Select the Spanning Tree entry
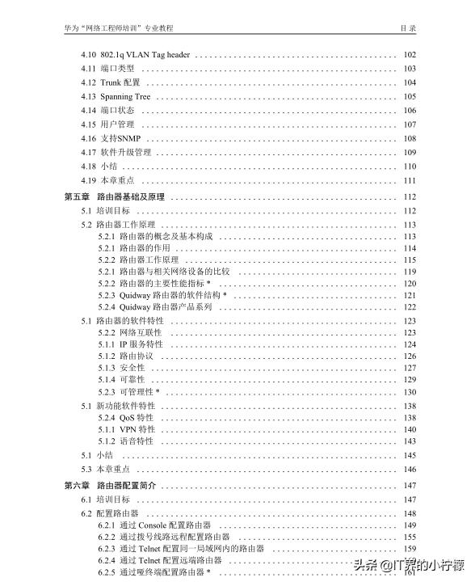pyautogui.click(x=125, y=97)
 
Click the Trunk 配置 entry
pyautogui.click(x=120, y=82)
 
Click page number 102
pyautogui.click(x=410, y=55)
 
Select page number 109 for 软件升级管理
pyautogui.click(x=410, y=152)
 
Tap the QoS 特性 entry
pyautogui.click(x=137, y=418)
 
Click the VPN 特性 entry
pyautogui.click(x=137, y=429)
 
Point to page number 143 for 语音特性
pyautogui.click(x=410, y=441)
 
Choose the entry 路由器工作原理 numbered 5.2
pyautogui.click(x=127, y=225)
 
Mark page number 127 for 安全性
pyautogui.click(x=410, y=368)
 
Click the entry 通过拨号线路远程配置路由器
pyautogui.click(x=175, y=537)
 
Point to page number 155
pyautogui.click(x=410, y=537)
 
